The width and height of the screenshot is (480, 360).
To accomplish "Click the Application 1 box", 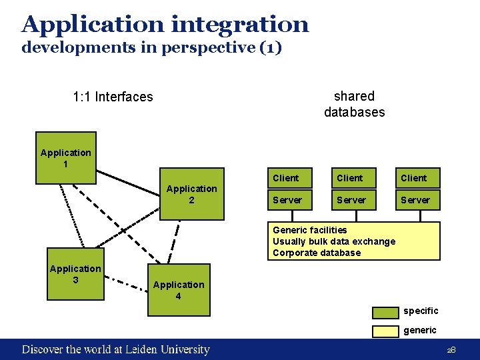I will pyautogui.click(x=65, y=158).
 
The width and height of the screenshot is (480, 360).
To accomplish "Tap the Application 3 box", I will pyautogui.click(x=75, y=274).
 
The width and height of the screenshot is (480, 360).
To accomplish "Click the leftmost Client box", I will pyautogui.click(x=287, y=178).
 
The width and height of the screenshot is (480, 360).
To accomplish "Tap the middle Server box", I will pyautogui.click(x=351, y=200).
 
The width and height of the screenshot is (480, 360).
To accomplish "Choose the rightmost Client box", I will pyautogui.click(x=415, y=178).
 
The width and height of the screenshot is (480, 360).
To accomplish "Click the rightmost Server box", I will pyautogui.click(x=415, y=200).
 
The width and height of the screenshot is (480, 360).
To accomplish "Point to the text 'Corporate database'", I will pyautogui.click(x=317, y=253).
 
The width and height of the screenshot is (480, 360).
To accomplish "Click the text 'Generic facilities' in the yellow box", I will pyautogui.click(x=310, y=230).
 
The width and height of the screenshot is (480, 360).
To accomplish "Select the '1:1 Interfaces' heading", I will pyautogui.click(x=113, y=97).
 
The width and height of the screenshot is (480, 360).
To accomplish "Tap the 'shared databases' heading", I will pyautogui.click(x=354, y=104).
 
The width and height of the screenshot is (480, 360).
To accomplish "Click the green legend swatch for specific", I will pyautogui.click(x=385, y=311).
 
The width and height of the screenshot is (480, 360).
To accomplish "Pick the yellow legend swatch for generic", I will pyautogui.click(x=385, y=331).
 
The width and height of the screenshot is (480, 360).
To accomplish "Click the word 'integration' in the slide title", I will pyautogui.click(x=240, y=25).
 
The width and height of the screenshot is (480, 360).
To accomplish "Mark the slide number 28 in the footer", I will pyautogui.click(x=451, y=350).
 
